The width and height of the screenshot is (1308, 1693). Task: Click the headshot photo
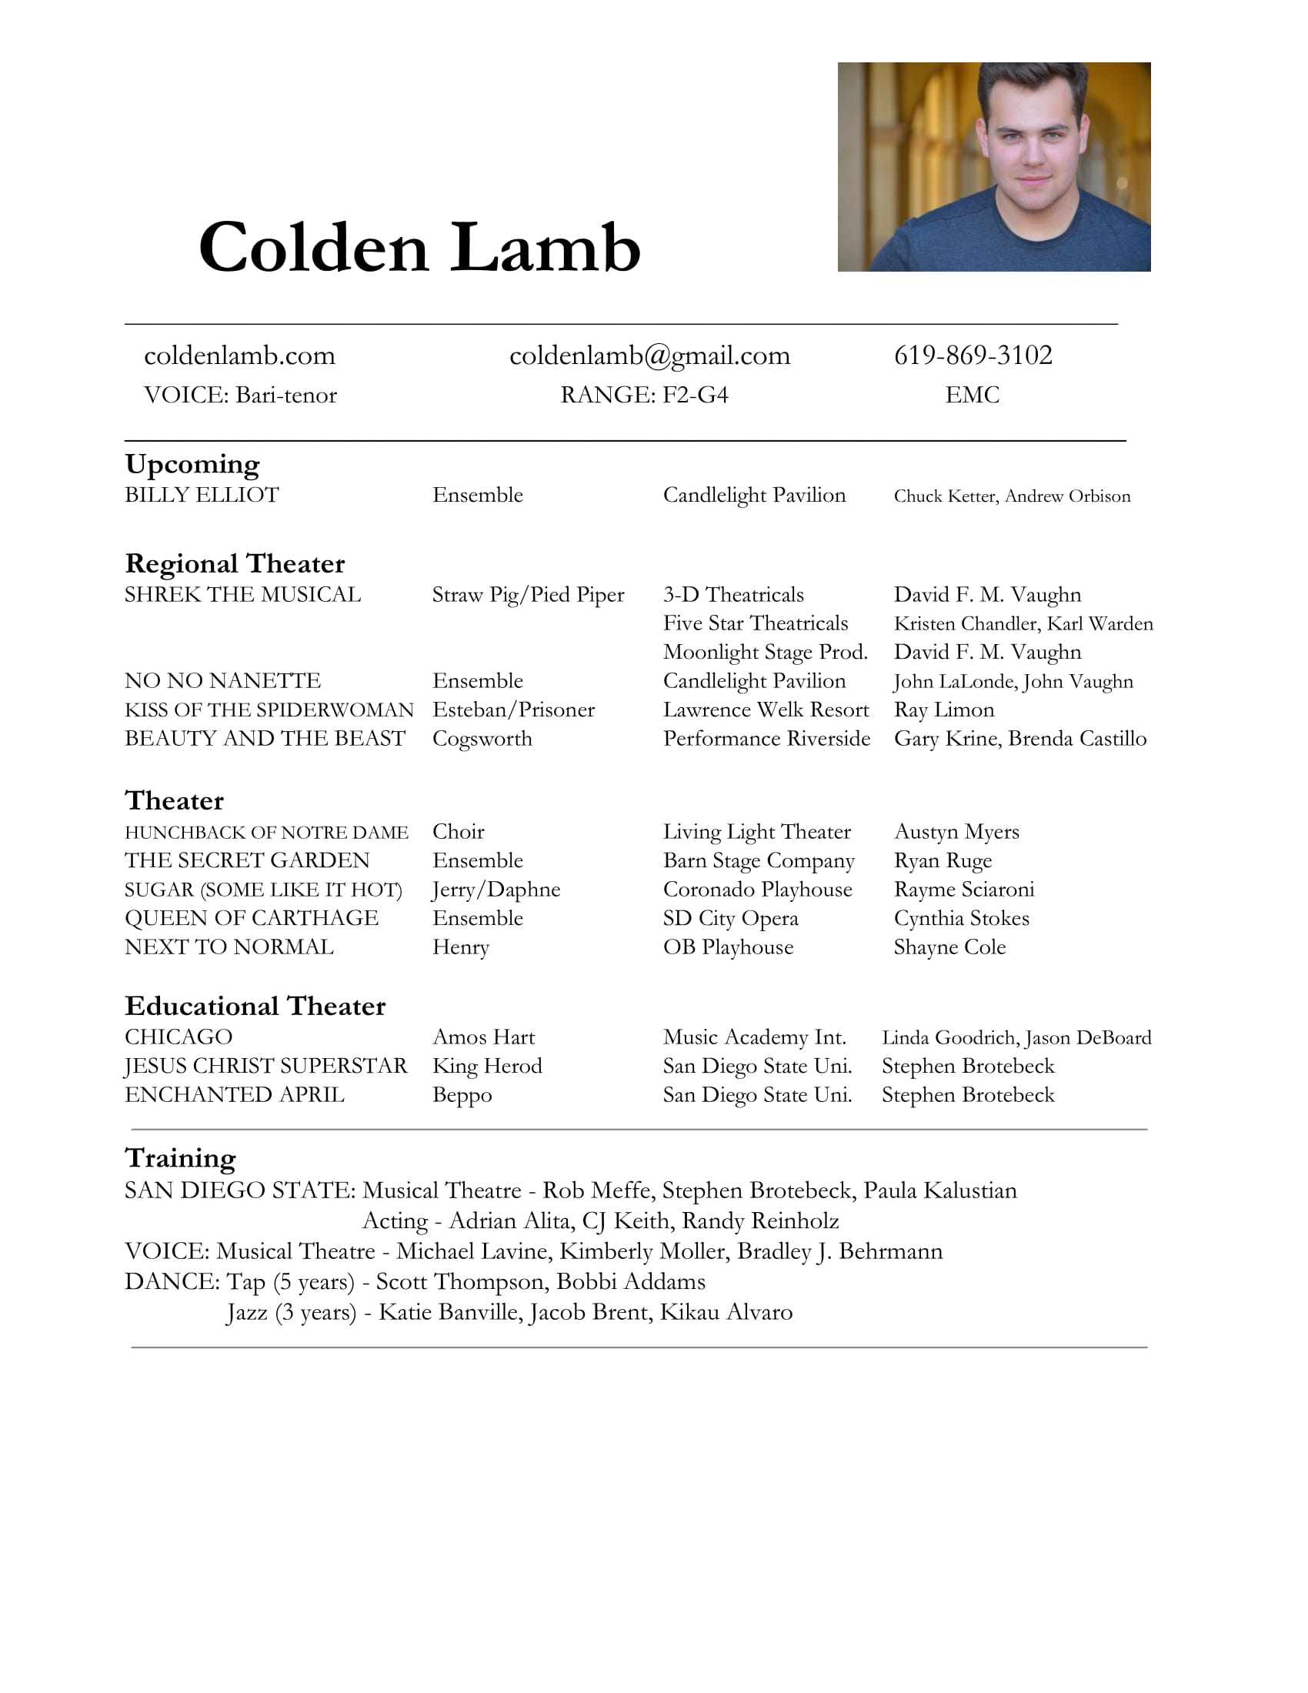tap(993, 167)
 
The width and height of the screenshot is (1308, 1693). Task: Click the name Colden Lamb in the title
tap(419, 248)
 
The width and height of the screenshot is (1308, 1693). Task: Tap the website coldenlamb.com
tap(239, 356)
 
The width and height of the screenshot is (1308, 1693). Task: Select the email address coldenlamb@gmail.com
tap(649, 356)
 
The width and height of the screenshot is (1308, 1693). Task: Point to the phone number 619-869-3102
tap(973, 355)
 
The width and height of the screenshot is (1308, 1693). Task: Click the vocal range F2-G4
tap(695, 396)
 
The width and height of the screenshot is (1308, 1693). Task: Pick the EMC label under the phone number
tap(972, 396)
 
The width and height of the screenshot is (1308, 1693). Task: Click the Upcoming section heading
tap(192, 464)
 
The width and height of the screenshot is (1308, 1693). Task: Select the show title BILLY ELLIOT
tap(202, 496)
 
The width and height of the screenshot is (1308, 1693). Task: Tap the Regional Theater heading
tap(235, 563)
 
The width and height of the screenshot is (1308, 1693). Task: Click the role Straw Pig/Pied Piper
tap(528, 595)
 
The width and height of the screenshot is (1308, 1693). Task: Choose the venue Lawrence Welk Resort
tap(766, 710)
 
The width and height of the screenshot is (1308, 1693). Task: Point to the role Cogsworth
tap(482, 739)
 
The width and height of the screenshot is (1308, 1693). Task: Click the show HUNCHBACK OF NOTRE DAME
tap(265, 833)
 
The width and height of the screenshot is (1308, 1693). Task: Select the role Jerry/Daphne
tap(496, 890)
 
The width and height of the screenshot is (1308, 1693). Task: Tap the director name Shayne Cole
tap(949, 947)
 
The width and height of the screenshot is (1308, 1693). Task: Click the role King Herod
tap(486, 1067)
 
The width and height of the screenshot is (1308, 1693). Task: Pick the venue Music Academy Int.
tap(754, 1038)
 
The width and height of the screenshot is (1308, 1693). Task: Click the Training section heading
tap(180, 1158)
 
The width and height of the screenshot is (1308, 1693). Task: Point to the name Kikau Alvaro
tap(726, 1312)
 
